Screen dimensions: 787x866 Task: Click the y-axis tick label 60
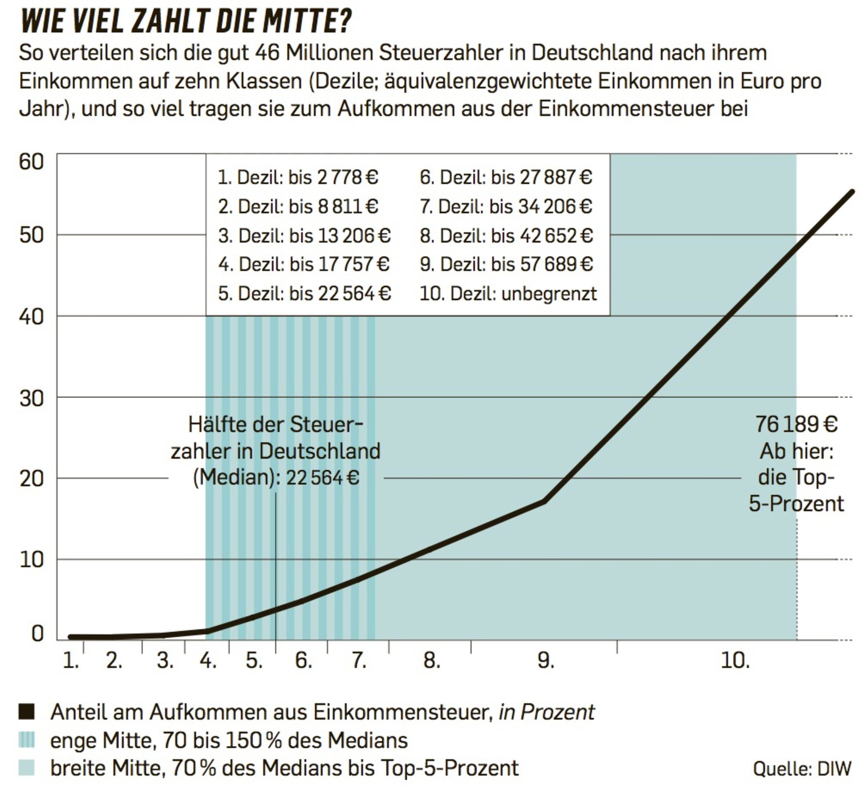pyautogui.click(x=31, y=162)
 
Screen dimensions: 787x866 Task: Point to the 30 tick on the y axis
pyautogui.click(x=31, y=399)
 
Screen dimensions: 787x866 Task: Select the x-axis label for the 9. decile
pyautogui.click(x=545, y=660)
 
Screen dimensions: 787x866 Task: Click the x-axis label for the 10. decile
pyautogui.click(x=735, y=660)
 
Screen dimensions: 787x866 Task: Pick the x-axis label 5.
pyautogui.click(x=254, y=660)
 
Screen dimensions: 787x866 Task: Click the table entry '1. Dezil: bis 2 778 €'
pyautogui.click(x=298, y=177)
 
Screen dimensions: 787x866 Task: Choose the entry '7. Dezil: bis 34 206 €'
pyautogui.click(x=506, y=206)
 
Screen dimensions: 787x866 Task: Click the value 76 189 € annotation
pyautogui.click(x=796, y=425)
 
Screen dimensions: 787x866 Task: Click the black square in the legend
pyautogui.click(x=27, y=712)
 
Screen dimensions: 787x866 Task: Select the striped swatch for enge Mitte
pyautogui.click(x=27, y=740)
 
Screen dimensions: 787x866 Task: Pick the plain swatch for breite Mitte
pyautogui.click(x=27, y=768)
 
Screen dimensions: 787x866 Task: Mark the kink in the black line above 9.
pyautogui.click(x=544, y=501)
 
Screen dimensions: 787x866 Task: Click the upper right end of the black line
pyautogui.click(x=852, y=192)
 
